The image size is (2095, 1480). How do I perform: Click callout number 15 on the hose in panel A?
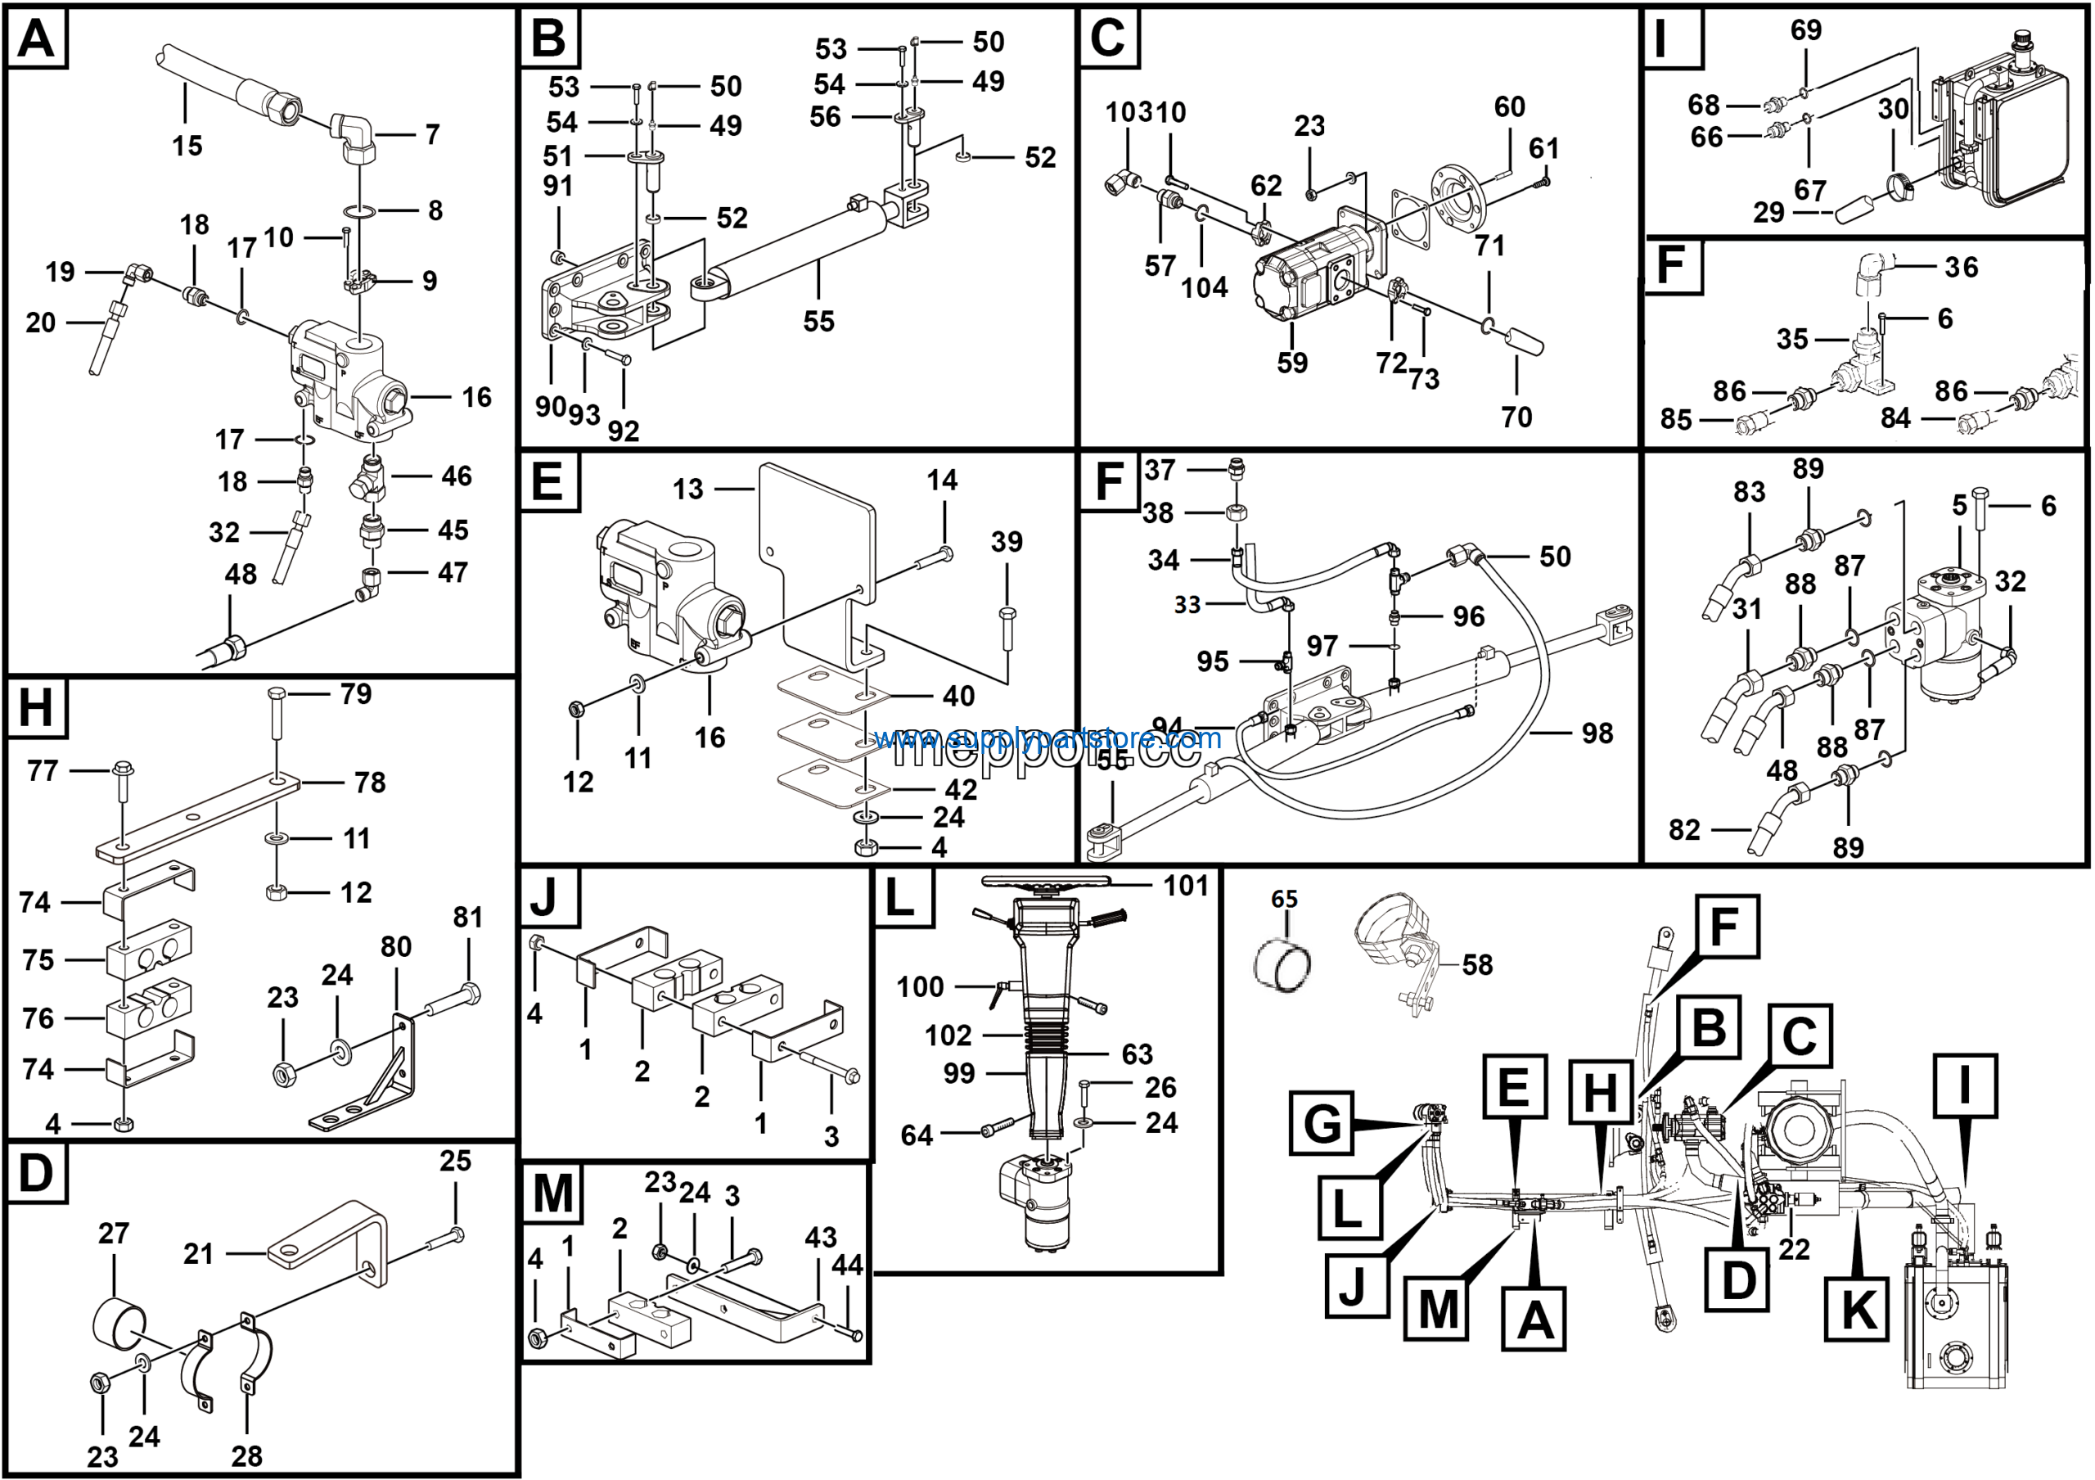pos(187,145)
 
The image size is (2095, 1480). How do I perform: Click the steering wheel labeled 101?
pos(1047,882)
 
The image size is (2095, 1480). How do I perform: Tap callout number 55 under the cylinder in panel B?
pos(818,321)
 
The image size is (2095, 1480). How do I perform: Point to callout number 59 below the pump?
pos(1292,363)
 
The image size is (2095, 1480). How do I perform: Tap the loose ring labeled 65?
pos(1283,966)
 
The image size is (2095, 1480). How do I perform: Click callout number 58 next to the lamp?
pos(1477,964)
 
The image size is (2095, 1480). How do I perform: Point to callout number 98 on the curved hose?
pos(1597,733)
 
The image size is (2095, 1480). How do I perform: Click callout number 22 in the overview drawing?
pos(1794,1248)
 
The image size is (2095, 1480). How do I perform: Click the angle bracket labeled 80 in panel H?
pos(383,1076)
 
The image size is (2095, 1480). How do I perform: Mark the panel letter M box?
pos(553,1193)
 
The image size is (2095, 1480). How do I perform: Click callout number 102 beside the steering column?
pos(948,1036)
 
